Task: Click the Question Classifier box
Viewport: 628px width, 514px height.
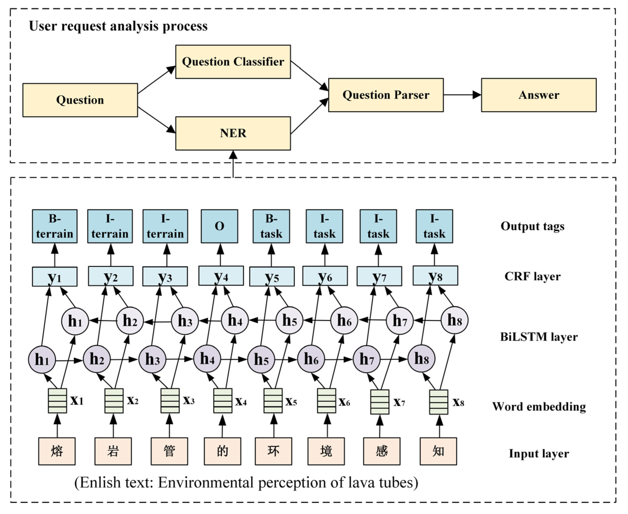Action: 233,62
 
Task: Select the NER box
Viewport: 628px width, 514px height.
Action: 233,133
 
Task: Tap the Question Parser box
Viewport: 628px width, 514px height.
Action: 386,95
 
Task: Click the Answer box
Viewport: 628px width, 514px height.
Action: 539,95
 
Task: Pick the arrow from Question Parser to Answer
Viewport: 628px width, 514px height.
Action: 462,95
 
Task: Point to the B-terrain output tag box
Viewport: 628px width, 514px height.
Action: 55,226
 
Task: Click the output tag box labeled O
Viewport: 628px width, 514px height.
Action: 219,226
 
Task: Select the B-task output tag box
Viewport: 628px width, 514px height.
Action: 271,226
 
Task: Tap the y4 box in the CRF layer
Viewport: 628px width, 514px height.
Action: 221,276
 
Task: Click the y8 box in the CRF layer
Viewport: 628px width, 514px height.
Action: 435,276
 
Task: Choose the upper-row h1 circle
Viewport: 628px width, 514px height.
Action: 75,321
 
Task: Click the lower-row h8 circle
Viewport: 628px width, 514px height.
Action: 421,359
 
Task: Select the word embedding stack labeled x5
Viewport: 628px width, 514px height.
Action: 273,401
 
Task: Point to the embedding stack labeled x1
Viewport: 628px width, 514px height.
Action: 58,401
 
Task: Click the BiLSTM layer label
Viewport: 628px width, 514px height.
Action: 539,337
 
